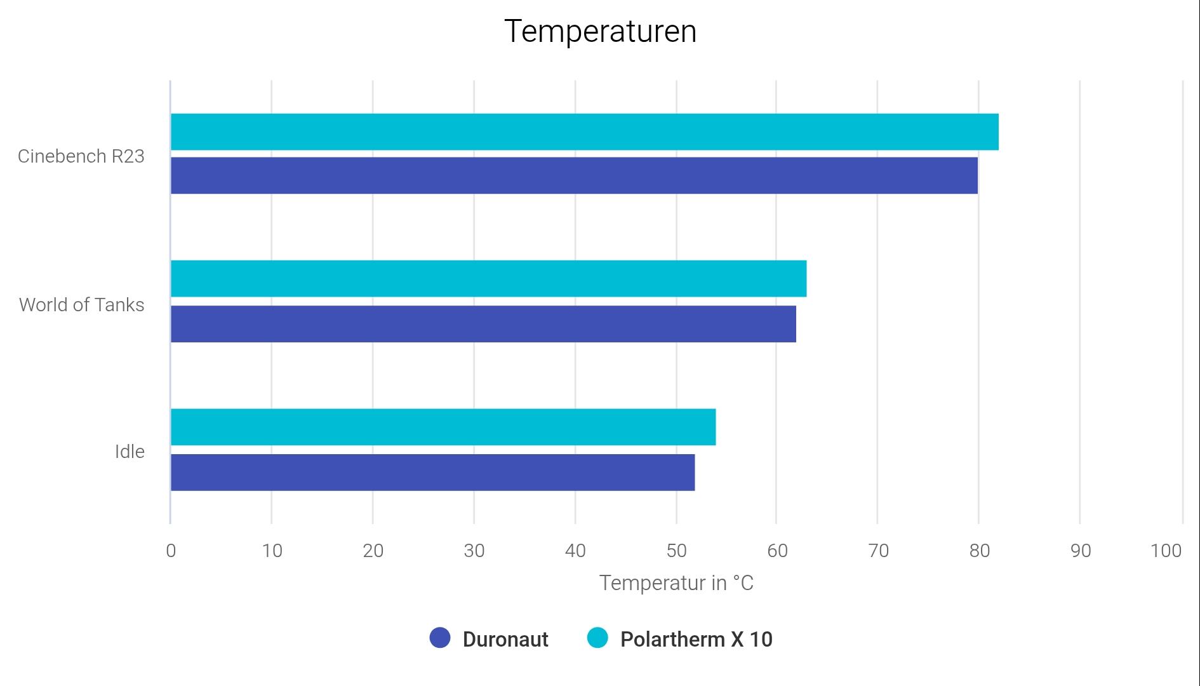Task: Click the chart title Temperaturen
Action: (x=600, y=31)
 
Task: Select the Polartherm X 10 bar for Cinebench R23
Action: (x=584, y=132)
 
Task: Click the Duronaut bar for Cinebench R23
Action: (x=574, y=175)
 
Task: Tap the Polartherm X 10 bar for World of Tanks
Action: (x=488, y=278)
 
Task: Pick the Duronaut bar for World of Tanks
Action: (x=483, y=324)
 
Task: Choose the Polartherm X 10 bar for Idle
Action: (x=443, y=427)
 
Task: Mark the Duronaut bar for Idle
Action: (x=432, y=472)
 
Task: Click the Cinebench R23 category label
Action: (x=81, y=156)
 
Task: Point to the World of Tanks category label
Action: (x=82, y=305)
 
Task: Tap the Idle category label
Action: (x=130, y=452)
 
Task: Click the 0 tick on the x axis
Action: (x=171, y=551)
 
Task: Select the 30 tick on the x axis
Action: (x=474, y=551)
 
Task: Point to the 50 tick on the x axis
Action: (x=677, y=551)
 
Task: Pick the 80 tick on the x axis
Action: (x=980, y=551)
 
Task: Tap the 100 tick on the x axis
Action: (x=1166, y=551)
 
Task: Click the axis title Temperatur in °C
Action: (x=676, y=583)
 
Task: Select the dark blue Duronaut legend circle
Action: (x=440, y=638)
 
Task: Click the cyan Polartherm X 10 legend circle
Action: (x=597, y=638)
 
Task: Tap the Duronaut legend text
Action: (x=505, y=639)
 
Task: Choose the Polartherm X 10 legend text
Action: (x=697, y=639)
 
